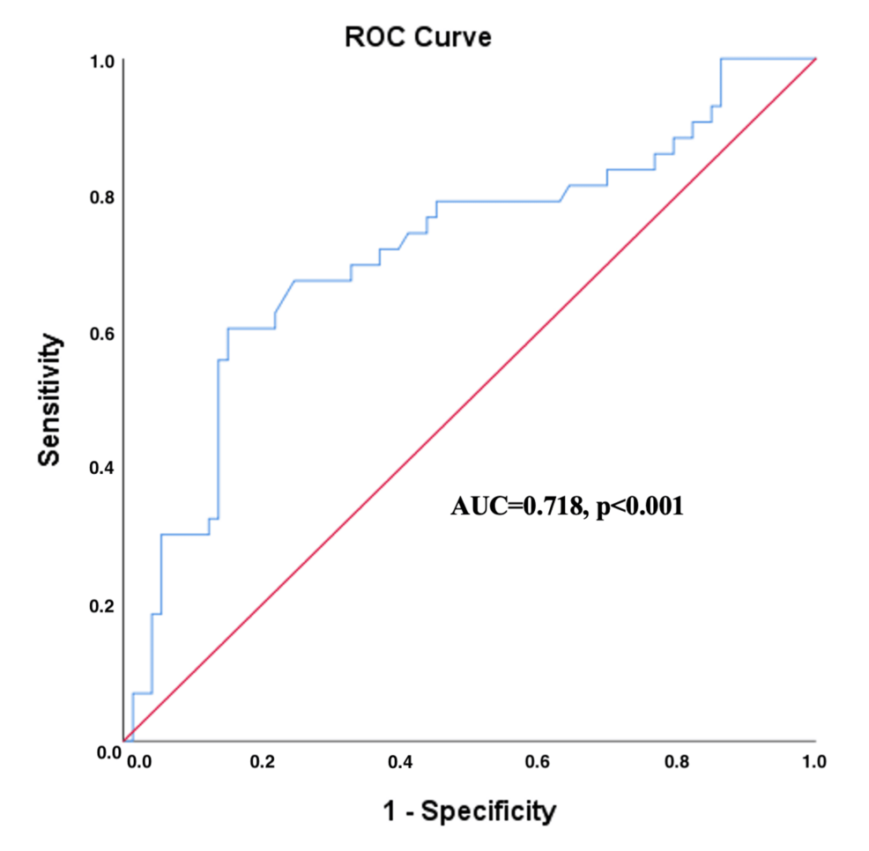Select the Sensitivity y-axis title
point(52,399)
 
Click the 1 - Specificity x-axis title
point(470,810)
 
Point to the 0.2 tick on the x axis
point(262,760)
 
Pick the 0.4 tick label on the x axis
point(400,760)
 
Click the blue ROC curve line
point(494,202)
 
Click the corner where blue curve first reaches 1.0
point(722,59)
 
